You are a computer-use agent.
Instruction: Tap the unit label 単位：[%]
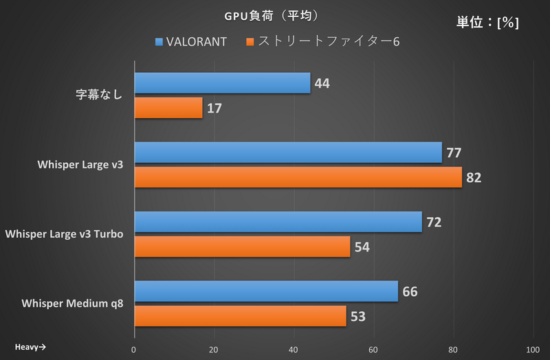pyautogui.click(x=487, y=22)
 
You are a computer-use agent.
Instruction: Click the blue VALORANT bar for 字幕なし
pyautogui.click(x=222, y=83)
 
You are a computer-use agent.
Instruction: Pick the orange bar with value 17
pyautogui.click(x=168, y=108)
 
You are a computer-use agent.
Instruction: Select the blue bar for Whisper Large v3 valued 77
pyautogui.click(x=288, y=153)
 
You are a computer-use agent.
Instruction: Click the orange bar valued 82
pyautogui.click(x=298, y=177)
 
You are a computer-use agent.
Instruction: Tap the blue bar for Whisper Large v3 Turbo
pyautogui.click(x=278, y=222)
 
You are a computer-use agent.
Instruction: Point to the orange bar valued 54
pyautogui.click(x=242, y=247)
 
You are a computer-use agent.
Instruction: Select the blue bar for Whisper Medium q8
pyautogui.click(x=266, y=291)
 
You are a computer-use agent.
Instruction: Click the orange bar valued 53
pyautogui.click(x=240, y=316)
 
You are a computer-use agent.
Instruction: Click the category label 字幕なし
pyautogui.click(x=99, y=95)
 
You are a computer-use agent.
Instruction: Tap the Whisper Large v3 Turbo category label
pyautogui.click(x=64, y=234)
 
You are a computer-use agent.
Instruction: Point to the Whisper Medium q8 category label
pyautogui.click(x=73, y=303)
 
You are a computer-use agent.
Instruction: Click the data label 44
pyautogui.click(x=322, y=84)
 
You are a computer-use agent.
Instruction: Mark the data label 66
pyautogui.click(x=410, y=292)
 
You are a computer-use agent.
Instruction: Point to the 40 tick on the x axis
pyautogui.click(x=294, y=349)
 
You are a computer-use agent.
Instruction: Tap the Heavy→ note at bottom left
pyautogui.click(x=30, y=346)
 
